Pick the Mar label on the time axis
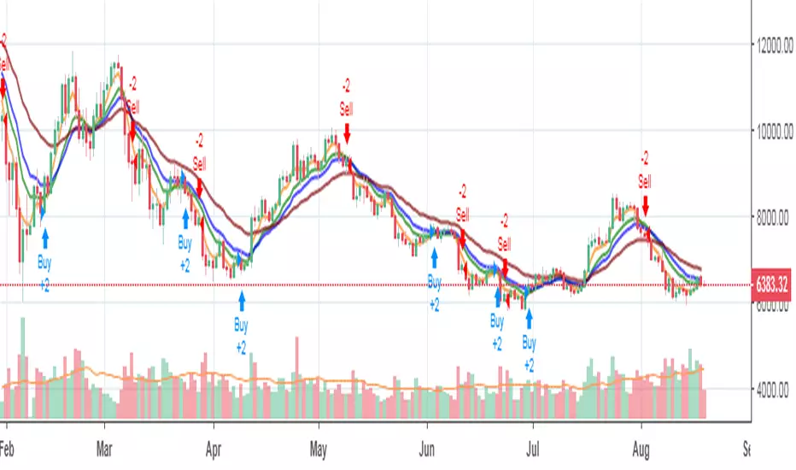point(104,447)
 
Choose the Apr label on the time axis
point(213,447)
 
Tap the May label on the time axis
point(319,447)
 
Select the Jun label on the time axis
point(428,447)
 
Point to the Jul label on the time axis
point(533,447)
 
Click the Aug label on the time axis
point(641,447)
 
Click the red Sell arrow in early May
point(347,133)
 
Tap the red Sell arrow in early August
point(645,206)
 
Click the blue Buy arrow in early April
point(242,300)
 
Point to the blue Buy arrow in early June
point(435,256)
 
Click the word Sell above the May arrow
point(347,109)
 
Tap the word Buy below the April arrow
point(242,324)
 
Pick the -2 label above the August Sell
point(645,157)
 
